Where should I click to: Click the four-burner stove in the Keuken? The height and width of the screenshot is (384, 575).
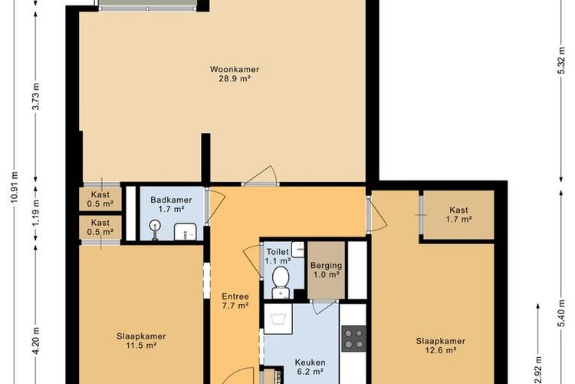coord(354,339)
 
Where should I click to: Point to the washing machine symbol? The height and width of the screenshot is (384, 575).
coord(278,319)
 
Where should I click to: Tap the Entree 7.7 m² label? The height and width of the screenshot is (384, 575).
coord(235,300)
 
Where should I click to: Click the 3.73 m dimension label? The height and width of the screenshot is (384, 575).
coord(36,96)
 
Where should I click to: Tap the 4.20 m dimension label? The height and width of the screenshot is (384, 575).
coord(36,341)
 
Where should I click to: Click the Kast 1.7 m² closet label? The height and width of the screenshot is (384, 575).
coord(458,214)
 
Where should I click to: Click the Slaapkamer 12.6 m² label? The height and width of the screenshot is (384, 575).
coord(440,346)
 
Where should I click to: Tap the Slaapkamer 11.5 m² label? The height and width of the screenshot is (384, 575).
coord(141,341)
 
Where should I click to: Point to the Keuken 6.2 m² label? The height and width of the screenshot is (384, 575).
coord(310,367)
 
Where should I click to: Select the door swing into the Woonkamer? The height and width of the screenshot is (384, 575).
coord(261,175)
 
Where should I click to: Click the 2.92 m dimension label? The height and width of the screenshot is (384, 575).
coord(537,370)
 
